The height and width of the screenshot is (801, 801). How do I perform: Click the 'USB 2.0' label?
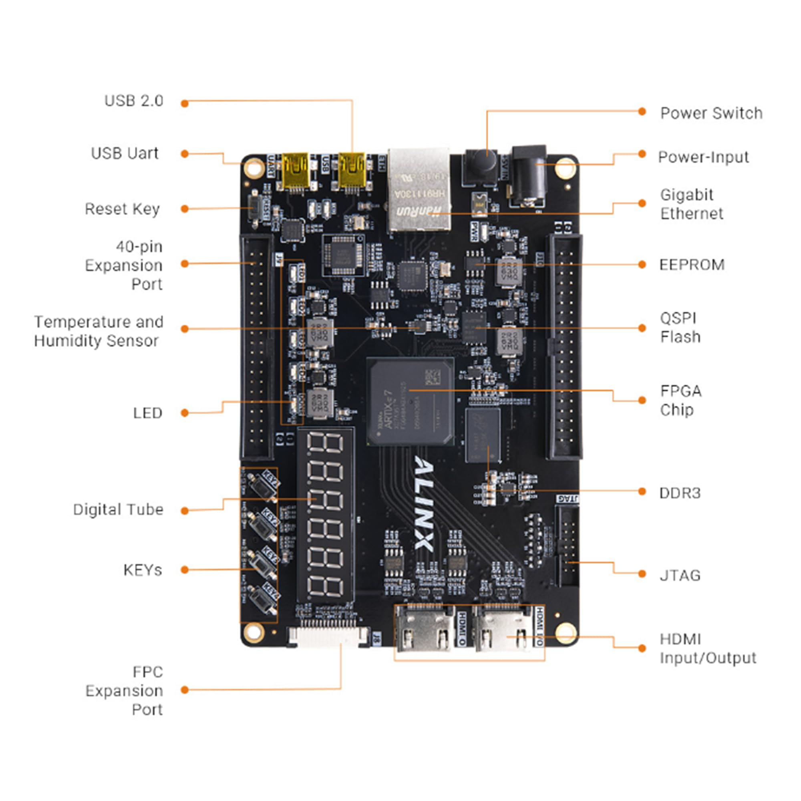pos(133,101)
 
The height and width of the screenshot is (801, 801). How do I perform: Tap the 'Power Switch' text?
pos(711,113)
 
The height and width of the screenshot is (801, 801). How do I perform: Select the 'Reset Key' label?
pos(122,209)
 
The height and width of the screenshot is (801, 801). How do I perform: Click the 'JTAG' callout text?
pos(680,576)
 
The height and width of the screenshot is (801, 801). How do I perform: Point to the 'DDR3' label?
pos(680,493)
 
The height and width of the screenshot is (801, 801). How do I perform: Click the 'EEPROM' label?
pos(692,264)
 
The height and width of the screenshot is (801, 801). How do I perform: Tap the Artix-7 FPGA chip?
pos(410,402)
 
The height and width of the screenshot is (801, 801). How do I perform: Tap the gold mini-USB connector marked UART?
pos(295,170)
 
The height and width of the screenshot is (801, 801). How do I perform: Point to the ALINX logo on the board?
pos(424,503)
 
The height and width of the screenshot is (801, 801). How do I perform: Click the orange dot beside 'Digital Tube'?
pos(185,511)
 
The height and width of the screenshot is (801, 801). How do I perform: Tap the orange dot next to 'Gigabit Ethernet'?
pos(642,203)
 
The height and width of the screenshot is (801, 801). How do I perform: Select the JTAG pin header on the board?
pos(567,545)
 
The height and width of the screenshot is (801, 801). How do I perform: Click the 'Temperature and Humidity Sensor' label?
pos(98,331)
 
